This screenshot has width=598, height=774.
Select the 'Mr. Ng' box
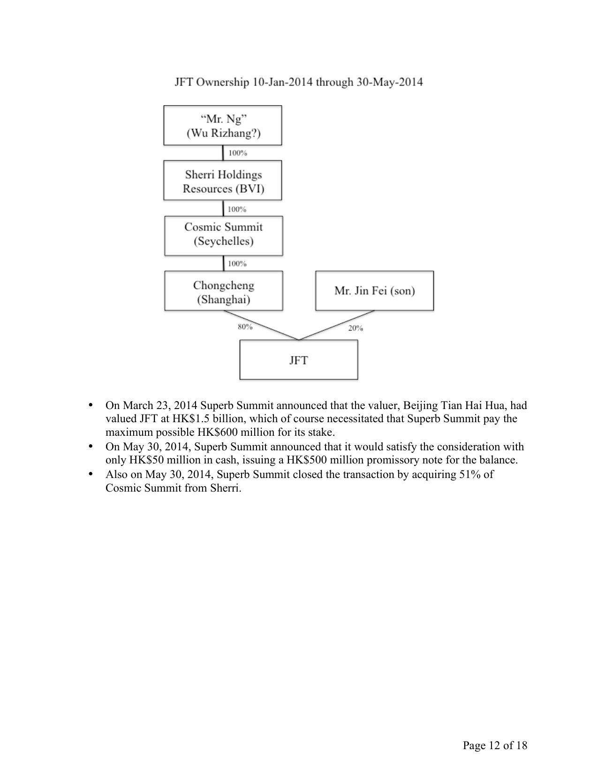click(223, 126)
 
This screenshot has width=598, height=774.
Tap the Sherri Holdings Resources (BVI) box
click(223, 181)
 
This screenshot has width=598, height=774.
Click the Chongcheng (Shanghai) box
click(223, 292)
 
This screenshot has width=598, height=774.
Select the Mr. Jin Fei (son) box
click(374, 291)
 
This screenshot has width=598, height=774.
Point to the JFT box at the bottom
click(299, 360)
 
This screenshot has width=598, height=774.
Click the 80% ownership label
click(245, 326)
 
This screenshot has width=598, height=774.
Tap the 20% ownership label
click(356, 328)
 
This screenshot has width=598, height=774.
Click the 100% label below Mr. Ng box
click(237, 153)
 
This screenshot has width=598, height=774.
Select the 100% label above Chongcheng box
click(237, 264)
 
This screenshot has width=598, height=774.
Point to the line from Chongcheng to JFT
click(261, 325)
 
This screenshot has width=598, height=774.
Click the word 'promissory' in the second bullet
click(378, 460)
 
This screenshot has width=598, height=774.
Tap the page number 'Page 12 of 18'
click(495, 745)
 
